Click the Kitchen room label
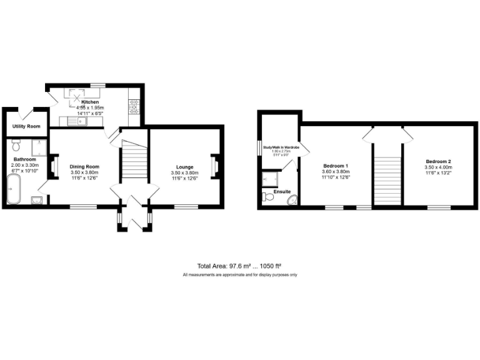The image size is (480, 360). [x=89, y=102]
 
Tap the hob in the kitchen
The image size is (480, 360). [x=133, y=107]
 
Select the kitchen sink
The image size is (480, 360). [x=79, y=121]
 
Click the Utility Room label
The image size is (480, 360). [x=26, y=127]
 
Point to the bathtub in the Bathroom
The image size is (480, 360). [x=13, y=189]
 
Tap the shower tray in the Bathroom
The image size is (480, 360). [x=39, y=149]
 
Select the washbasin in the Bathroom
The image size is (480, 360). [x=36, y=199]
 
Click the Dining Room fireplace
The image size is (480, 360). [x=53, y=167]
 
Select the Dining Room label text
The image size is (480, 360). [x=84, y=167]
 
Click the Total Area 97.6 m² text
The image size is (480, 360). [x=224, y=266]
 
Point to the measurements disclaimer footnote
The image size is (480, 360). [x=239, y=275]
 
